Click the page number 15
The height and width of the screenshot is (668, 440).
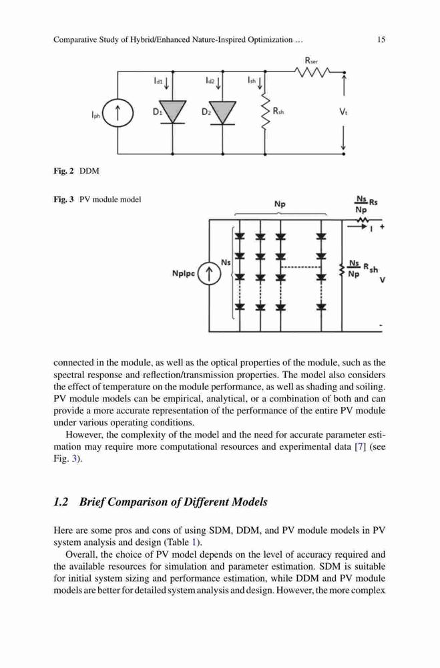click(381, 39)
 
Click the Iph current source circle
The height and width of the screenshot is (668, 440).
click(118, 114)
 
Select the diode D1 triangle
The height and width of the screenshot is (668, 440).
click(172, 111)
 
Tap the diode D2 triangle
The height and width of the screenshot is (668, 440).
click(222, 111)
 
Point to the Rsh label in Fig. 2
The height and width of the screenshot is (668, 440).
click(278, 112)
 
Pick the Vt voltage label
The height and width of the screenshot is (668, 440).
click(343, 112)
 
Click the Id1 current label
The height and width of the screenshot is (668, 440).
click(158, 80)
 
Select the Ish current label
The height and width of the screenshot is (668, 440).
click(252, 79)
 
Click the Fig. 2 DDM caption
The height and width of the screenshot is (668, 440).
click(76, 171)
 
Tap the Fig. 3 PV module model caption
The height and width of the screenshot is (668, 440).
click(97, 199)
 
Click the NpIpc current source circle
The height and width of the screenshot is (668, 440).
click(209, 274)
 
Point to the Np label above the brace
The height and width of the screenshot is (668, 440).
click(280, 204)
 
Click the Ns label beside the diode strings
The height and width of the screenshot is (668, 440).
click(226, 263)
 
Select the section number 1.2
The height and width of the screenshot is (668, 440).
click(61, 502)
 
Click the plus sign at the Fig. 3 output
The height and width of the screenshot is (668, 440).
click(382, 227)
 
